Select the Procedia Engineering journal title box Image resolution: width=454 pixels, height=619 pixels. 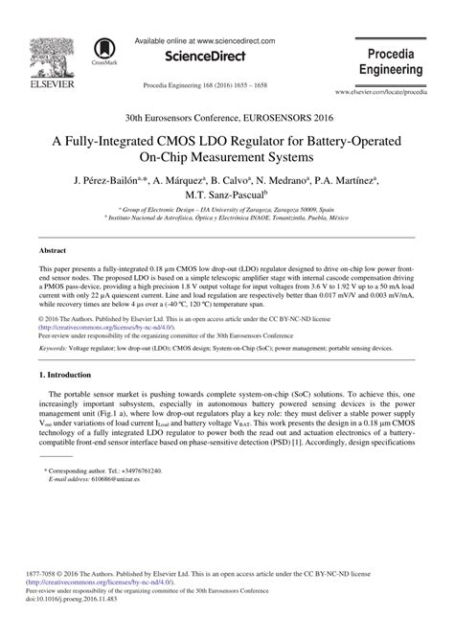(393, 58)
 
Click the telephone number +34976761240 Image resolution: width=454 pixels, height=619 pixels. (139, 471)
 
